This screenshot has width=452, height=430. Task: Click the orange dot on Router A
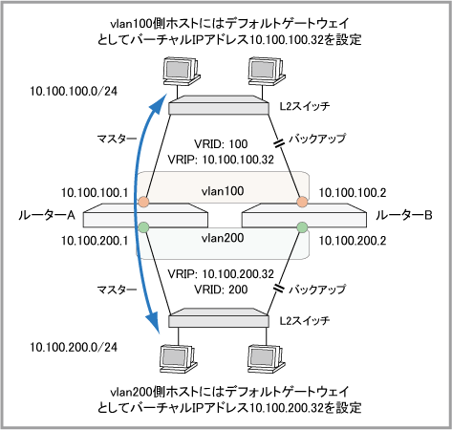click(x=143, y=202)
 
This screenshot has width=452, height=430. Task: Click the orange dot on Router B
click(x=302, y=202)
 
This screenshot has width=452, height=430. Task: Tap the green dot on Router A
click(x=143, y=227)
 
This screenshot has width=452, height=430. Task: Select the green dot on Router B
click(x=302, y=227)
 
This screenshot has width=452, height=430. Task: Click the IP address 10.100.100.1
click(x=95, y=193)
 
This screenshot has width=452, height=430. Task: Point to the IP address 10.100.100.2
click(x=353, y=193)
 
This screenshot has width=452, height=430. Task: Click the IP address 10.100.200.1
click(x=95, y=241)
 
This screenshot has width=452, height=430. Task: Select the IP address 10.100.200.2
click(x=353, y=241)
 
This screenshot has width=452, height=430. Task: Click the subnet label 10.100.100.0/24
click(x=74, y=92)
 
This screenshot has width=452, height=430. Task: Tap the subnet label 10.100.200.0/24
click(x=74, y=347)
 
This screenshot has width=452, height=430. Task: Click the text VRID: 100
click(x=221, y=144)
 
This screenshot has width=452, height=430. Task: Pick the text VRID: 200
click(x=221, y=290)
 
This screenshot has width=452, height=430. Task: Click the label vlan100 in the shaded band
click(x=223, y=191)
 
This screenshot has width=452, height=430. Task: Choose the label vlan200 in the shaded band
click(x=223, y=238)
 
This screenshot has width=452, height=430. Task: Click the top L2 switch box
click(x=219, y=105)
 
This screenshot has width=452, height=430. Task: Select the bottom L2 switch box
click(x=219, y=317)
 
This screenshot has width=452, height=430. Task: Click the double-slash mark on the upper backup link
click(x=279, y=143)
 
